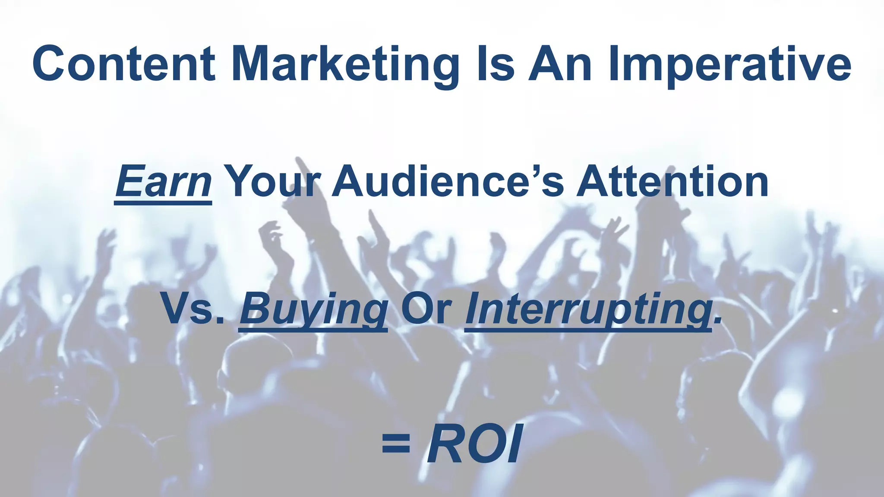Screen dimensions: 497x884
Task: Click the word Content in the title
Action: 123,64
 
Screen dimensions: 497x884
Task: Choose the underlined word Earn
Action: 163,181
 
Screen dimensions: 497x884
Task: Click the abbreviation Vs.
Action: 193,308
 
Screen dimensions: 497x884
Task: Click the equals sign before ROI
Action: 396,444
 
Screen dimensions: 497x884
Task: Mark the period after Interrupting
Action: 717,321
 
